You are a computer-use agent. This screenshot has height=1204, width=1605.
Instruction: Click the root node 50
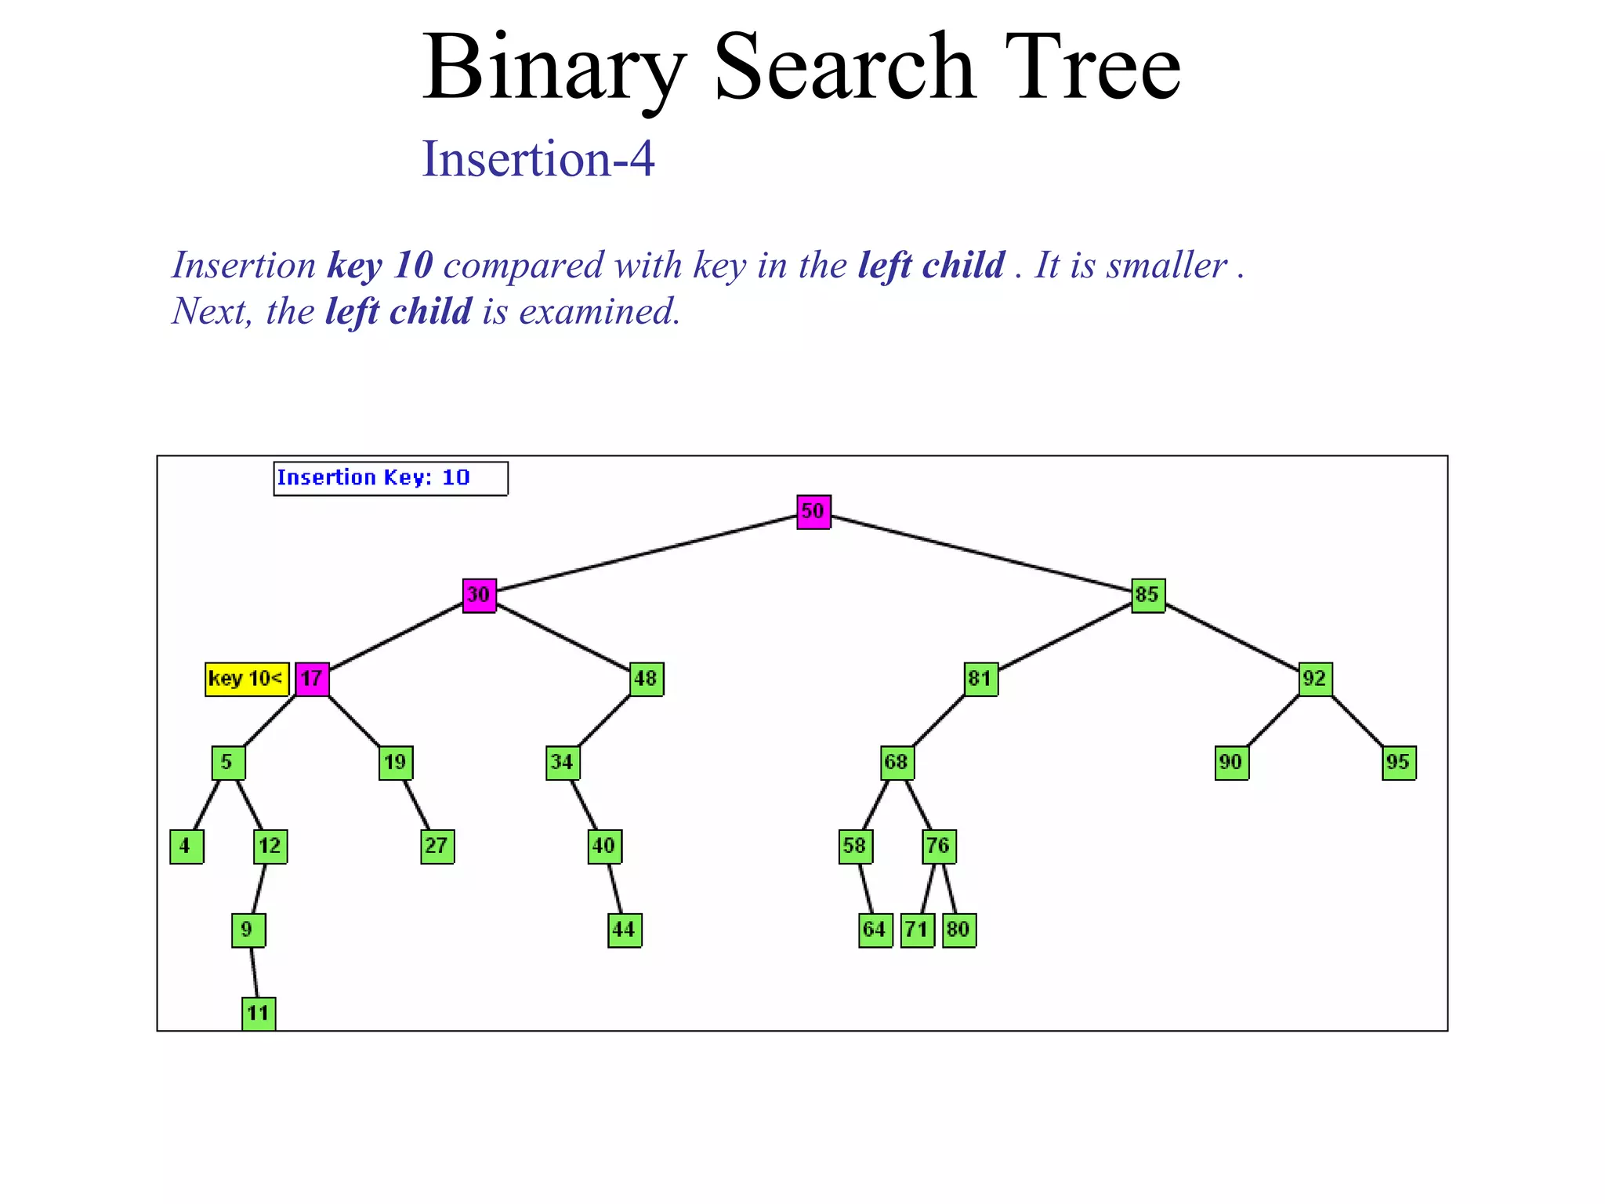point(813,512)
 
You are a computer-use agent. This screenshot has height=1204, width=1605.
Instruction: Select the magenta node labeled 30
point(479,596)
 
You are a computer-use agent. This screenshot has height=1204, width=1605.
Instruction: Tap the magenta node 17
point(312,679)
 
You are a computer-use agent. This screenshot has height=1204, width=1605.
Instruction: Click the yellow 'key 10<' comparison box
point(246,679)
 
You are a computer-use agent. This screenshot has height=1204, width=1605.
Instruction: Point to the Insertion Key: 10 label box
point(390,478)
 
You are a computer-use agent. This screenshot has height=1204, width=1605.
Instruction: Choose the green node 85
point(1148,596)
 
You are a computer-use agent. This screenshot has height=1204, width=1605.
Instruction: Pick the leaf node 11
point(259,1014)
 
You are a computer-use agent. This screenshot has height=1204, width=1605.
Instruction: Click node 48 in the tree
point(647,679)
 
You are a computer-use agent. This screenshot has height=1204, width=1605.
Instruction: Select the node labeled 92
point(1315,679)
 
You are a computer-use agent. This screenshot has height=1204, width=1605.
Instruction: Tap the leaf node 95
point(1399,763)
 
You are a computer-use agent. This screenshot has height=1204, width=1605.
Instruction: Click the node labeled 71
point(917,930)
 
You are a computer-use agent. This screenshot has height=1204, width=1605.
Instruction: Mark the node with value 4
point(187,847)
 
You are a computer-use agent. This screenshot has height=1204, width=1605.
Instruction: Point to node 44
point(625,930)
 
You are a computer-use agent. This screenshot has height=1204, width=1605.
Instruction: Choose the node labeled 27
point(437,847)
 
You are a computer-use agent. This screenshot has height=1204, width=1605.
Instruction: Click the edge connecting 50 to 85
point(980,553)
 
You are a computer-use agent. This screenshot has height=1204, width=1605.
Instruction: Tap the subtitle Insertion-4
point(538,159)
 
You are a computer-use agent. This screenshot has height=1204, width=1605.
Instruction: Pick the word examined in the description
point(600,312)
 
